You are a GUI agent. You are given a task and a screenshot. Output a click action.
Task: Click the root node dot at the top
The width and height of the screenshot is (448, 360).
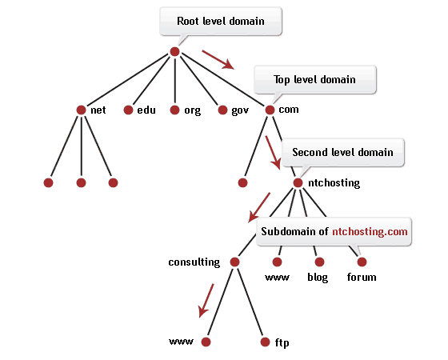coord(174,52)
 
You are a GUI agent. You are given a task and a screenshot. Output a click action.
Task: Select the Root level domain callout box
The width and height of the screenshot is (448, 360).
coord(221,22)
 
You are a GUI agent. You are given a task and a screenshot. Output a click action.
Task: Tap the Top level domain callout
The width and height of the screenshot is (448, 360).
coord(315,80)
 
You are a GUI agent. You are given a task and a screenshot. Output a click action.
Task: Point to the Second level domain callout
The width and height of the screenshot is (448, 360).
coord(343,152)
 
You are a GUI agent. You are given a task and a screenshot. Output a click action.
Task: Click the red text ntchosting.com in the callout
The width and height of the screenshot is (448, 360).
coord(370,231)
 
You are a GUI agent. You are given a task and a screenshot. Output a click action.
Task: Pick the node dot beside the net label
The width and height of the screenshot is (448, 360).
coord(81,110)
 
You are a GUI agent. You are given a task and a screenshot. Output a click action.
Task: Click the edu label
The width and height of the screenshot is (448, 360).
coord(146,110)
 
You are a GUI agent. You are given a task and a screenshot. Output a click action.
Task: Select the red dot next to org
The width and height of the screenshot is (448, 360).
coord(174,110)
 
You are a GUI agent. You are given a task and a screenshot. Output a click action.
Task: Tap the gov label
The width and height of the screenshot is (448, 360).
coord(240,110)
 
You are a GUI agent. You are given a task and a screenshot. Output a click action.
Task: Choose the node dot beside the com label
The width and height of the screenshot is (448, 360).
coord(270,110)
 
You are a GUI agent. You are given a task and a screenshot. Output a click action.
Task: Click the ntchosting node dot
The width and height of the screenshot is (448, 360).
coord(298,183)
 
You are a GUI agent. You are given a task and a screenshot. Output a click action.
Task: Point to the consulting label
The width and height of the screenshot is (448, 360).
coord(194,262)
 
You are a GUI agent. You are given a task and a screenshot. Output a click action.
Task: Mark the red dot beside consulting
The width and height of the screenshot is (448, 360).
coord(234,262)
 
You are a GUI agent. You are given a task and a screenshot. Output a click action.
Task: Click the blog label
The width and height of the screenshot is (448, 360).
coord(318,278)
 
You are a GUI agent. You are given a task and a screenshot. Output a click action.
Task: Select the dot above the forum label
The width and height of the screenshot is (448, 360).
coord(362,262)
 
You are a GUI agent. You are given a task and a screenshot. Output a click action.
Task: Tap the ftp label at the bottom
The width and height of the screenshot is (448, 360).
coord(282,342)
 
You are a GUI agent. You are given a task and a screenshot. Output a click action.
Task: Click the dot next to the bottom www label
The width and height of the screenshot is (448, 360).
coord(206,342)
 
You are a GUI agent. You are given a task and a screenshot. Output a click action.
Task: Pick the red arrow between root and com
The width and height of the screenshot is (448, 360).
coord(218,60)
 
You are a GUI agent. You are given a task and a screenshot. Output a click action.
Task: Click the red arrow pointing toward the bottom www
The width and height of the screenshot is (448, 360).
coord(206,301)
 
